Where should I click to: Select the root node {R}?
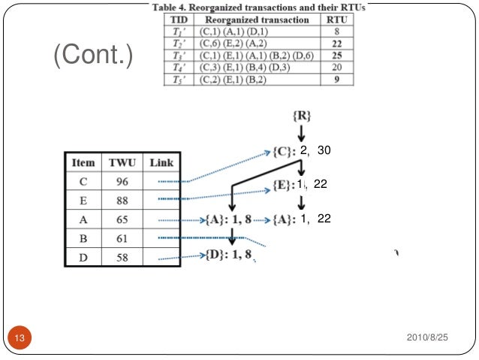tap(300, 116)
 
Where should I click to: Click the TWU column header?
tap(122, 163)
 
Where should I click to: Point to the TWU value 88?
tap(122, 201)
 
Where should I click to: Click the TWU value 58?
tap(122, 257)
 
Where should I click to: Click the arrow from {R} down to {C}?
tap(300, 135)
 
